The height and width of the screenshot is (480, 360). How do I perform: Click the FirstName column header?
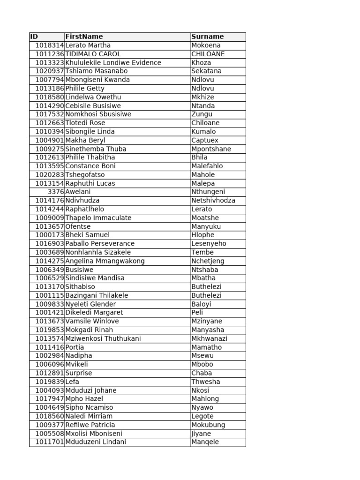(x=84, y=37)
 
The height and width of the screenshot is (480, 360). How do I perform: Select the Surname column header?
(x=208, y=37)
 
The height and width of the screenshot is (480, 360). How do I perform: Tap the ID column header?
(x=34, y=37)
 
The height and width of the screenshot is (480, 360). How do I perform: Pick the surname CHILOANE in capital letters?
(x=208, y=54)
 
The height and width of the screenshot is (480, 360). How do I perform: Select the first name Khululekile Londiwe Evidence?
(x=113, y=63)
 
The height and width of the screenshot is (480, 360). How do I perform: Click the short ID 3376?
(x=56, y=192)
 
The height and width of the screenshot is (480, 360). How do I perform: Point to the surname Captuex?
(x=205, y=140)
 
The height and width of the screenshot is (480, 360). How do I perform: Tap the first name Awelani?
(x=78, y=192)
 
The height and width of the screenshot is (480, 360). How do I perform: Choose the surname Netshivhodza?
(x=213, y=200)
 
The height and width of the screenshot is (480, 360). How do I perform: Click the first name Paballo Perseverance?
(x=100, y=243)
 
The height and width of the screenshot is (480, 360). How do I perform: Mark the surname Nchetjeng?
(x=208, y=261)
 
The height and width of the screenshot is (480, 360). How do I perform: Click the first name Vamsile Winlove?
(x=92, y=321)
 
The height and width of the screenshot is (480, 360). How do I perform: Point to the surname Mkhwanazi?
(x=209, y=338)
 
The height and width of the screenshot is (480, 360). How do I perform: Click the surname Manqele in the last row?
(x=205, y=442)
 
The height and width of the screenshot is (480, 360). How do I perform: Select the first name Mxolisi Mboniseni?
(x=94, y=433)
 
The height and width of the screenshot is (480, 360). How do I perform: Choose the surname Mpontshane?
(x=211, y=149)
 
